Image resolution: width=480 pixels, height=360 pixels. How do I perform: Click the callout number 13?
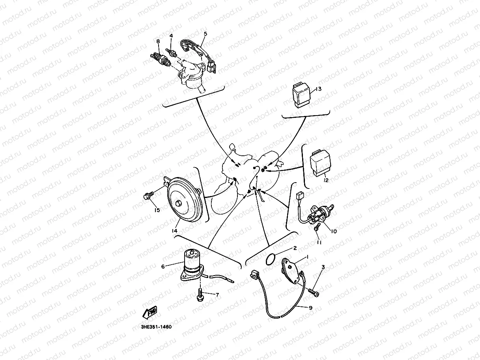tap(319, 89)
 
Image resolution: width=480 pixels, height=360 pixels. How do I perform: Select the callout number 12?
tap(325, 180)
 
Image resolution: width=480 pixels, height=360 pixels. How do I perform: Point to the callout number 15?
tap(157, 210)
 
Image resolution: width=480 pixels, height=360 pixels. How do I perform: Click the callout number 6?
tap(163, 266)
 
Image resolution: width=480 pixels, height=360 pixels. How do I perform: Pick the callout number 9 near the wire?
tap(310, 308)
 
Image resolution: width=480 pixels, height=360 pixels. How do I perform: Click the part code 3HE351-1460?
tap(156, 327)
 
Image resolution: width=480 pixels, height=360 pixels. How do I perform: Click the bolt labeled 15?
tap(149, 195)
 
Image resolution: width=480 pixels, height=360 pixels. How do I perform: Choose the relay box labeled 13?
tap(301, 95)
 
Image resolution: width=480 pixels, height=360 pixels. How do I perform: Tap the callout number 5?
tap(205, 34)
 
